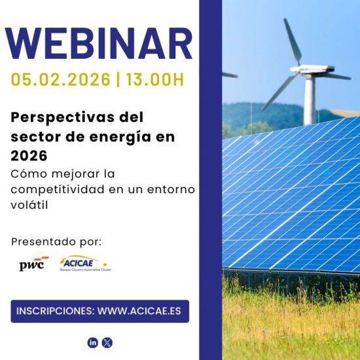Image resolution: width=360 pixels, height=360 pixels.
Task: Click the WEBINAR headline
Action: point(98,43)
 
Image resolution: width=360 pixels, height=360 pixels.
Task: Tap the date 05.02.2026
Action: point(61,80)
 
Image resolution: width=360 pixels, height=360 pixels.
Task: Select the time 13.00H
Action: point(155,80)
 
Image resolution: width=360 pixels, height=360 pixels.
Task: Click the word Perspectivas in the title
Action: point(63,118)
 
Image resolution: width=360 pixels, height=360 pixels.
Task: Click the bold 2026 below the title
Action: point(29,156)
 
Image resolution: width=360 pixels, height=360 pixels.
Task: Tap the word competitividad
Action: point(58,189)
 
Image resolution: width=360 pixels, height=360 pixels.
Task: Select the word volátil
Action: point(29,205)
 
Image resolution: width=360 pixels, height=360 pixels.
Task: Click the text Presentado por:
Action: point(56,242)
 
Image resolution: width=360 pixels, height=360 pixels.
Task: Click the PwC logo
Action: point(34,264)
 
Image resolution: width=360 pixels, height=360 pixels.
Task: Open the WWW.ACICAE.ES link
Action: point(139,311)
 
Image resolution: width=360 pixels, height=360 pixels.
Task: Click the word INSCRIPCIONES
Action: point(56,311)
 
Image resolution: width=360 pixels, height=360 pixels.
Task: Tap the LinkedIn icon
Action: point(93,343)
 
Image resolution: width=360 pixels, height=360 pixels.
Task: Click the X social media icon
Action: point(107,343)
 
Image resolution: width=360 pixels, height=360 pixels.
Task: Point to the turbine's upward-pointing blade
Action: point(293,41)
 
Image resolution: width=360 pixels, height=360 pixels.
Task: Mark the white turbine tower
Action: point(309,99)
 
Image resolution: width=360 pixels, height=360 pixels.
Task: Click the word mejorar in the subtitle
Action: point(75,174)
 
